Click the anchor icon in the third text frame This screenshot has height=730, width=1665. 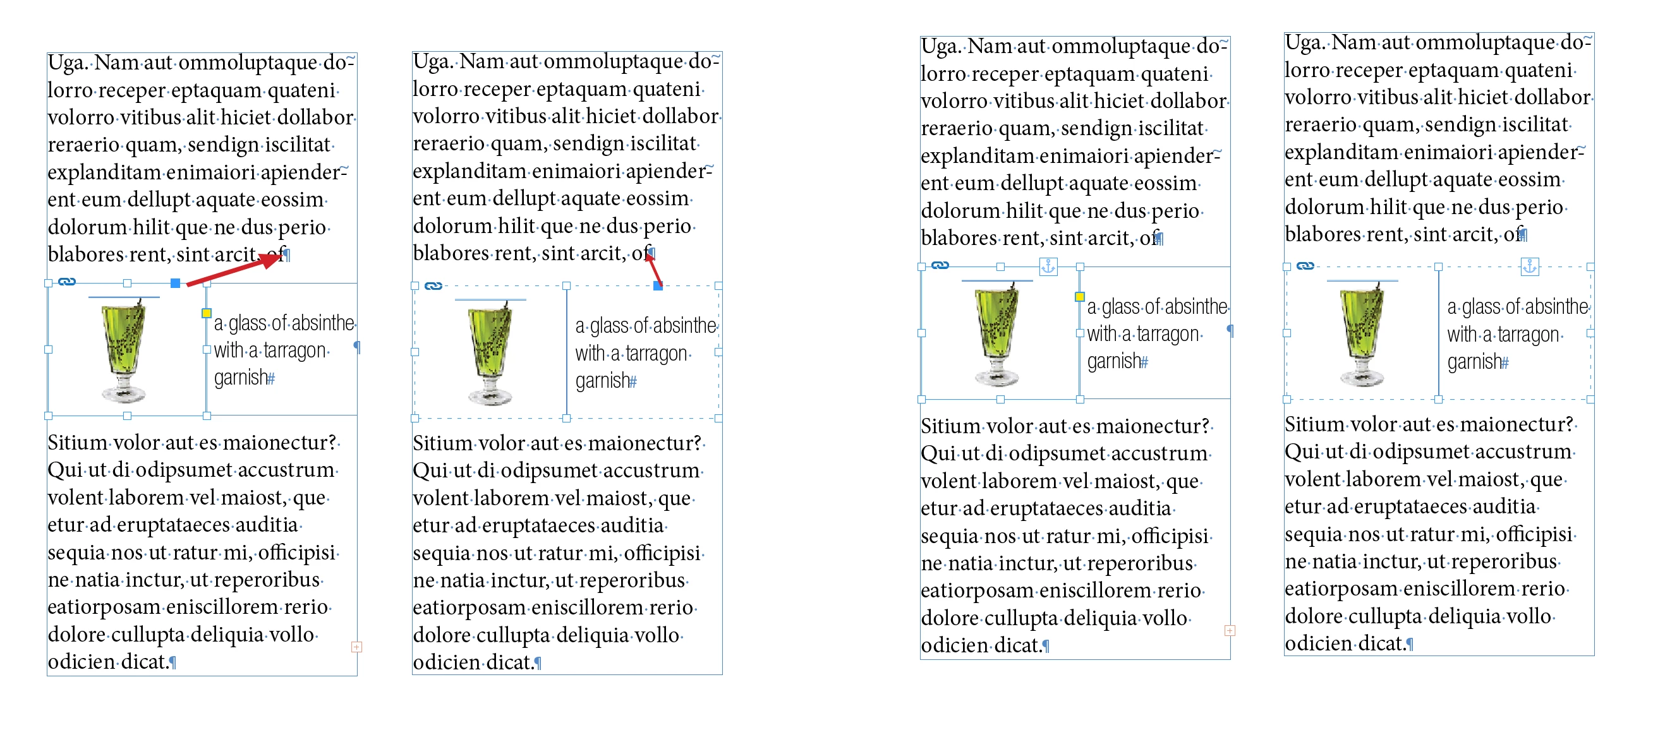(1048, 266)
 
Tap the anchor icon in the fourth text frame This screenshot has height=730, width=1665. (1529, 266)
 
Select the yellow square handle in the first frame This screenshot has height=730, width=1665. (206, 313)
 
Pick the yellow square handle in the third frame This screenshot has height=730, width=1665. (1079, 297)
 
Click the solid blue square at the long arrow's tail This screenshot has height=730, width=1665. (175, 283)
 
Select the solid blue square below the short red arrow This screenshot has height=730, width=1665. (657, 285)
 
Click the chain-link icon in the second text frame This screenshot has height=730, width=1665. (433, 285)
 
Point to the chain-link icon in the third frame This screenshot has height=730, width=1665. (940, 265)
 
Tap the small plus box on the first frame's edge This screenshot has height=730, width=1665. (356, 647)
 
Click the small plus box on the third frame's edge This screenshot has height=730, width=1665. (1230, 630)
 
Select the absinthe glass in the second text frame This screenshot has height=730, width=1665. (490, 353)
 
